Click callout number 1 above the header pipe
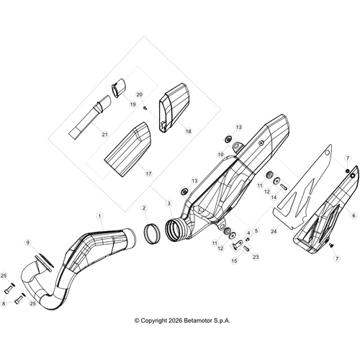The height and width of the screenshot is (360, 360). [x=100, y=215]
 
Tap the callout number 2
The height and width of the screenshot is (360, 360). [x=145, y=208]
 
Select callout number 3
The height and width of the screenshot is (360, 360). [x=168, y=204]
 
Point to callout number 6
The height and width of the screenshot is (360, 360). [x=354, y=215]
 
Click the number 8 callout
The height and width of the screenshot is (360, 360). [x=4, y=304]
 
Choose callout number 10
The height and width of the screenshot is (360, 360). [x=220, y=155]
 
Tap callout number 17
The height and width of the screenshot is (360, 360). [x=148, y=174]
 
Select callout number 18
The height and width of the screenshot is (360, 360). [x=188, y=132]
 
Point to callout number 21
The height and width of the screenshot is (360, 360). [x=104, y=135]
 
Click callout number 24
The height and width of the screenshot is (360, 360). [x=273, y=232]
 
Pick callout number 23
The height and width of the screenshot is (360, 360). [x=256, y=256]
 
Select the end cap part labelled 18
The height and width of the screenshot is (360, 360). [x=171, y=108]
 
